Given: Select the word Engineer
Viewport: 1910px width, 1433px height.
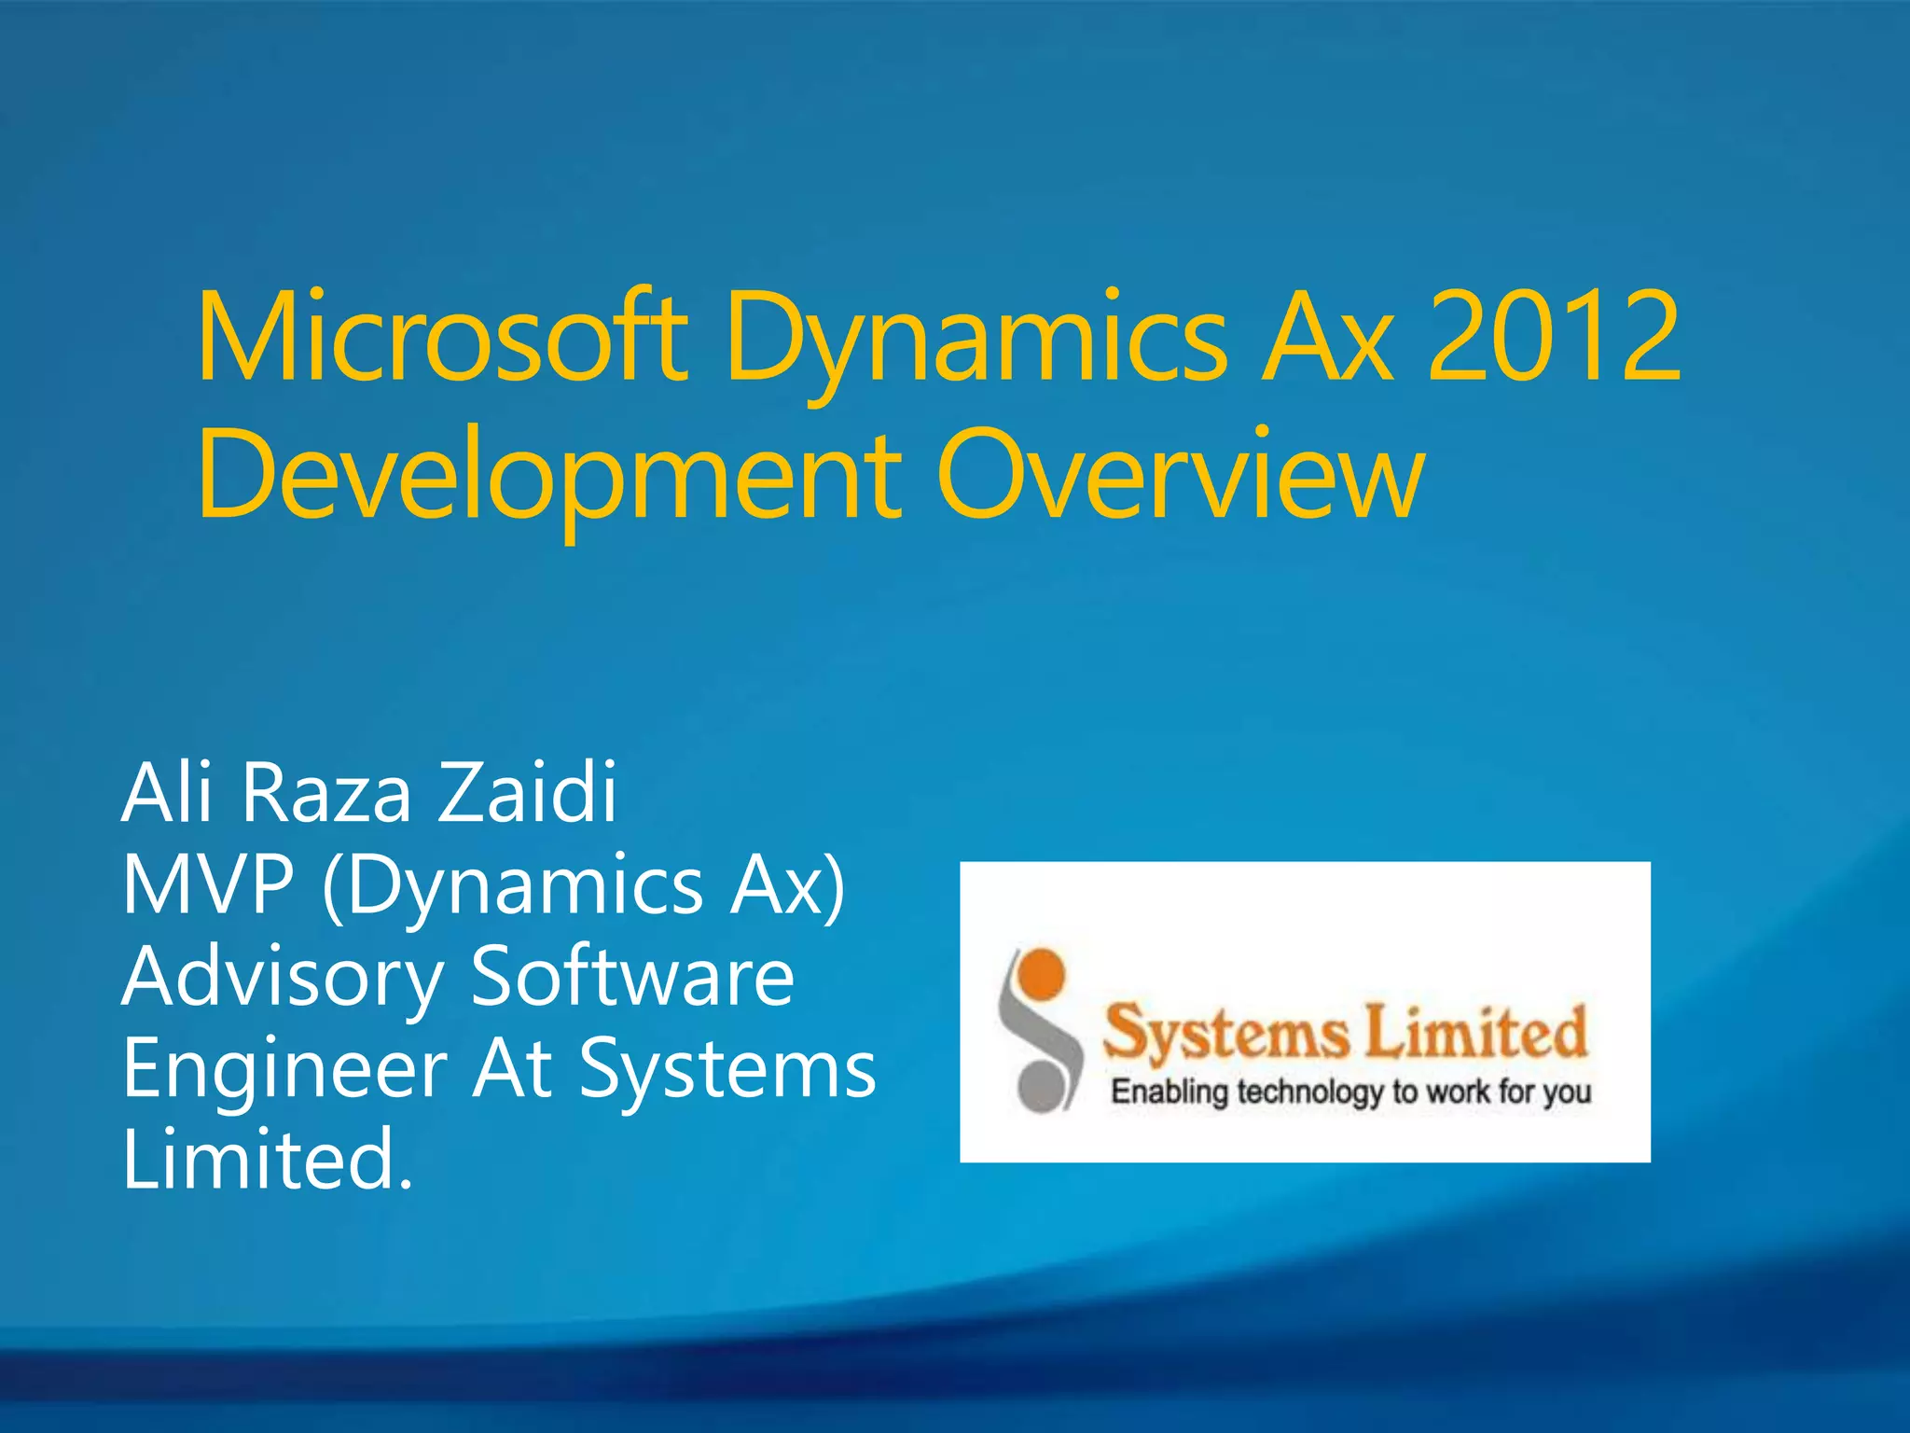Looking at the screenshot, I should point(285,1071).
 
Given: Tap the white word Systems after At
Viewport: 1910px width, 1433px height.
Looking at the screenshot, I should point(727,1071).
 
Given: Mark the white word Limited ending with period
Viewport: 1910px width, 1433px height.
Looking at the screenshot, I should point(266,1159).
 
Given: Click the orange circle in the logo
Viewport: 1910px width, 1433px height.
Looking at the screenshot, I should point(1041,973).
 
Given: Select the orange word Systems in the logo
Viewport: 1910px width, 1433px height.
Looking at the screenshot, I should point(1226,1034).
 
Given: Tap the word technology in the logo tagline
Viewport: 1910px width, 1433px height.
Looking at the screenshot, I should point(1310,1092).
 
